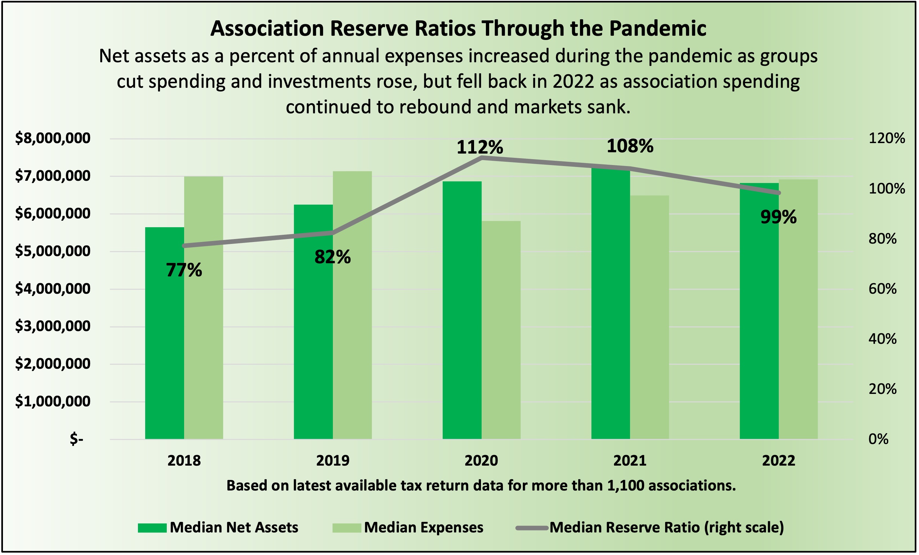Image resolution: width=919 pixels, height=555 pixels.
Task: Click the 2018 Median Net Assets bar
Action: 164,333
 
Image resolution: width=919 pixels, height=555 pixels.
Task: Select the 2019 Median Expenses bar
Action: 352,305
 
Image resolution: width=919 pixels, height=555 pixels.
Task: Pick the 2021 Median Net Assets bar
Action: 611,304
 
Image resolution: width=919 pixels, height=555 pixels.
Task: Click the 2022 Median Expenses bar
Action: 798,309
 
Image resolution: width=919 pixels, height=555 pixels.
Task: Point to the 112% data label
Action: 480,147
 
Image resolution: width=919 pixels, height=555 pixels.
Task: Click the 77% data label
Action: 184,270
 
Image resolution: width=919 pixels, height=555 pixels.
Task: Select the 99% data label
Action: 778,217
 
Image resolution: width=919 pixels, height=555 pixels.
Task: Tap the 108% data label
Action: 630,146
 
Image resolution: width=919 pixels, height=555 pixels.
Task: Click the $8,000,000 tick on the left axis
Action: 53,138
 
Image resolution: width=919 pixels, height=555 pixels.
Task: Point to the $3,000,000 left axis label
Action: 53,326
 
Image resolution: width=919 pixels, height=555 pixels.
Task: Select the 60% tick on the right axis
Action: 882,288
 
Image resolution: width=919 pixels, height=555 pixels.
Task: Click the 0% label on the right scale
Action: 878,439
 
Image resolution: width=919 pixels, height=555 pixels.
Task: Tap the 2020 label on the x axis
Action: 481,461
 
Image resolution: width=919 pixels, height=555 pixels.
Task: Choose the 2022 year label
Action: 779,461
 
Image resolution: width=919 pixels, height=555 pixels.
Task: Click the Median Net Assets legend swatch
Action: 152,528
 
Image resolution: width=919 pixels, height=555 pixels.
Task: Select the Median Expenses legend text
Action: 424,527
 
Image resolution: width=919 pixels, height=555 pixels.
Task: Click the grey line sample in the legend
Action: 532,528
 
